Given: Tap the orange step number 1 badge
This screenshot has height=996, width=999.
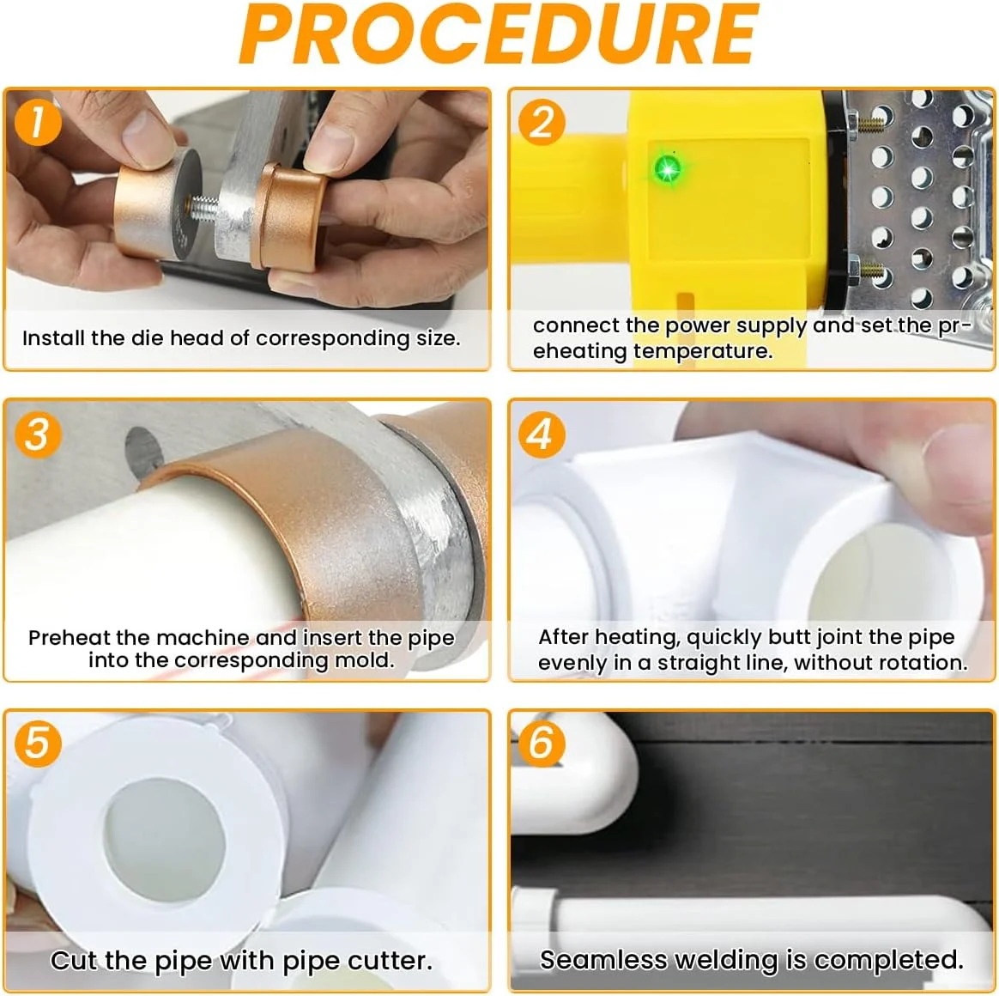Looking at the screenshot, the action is (38, 122).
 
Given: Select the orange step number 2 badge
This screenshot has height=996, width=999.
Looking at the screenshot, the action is (542, 122).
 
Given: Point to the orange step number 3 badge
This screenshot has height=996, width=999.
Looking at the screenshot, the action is (38, 434).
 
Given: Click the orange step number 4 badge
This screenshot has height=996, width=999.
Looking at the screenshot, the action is (542, 434).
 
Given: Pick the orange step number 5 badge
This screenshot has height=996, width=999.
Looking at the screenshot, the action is (38, 743).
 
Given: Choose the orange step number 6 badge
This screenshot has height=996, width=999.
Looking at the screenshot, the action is (542, 743).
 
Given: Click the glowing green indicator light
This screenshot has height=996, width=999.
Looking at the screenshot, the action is (667, 169).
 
